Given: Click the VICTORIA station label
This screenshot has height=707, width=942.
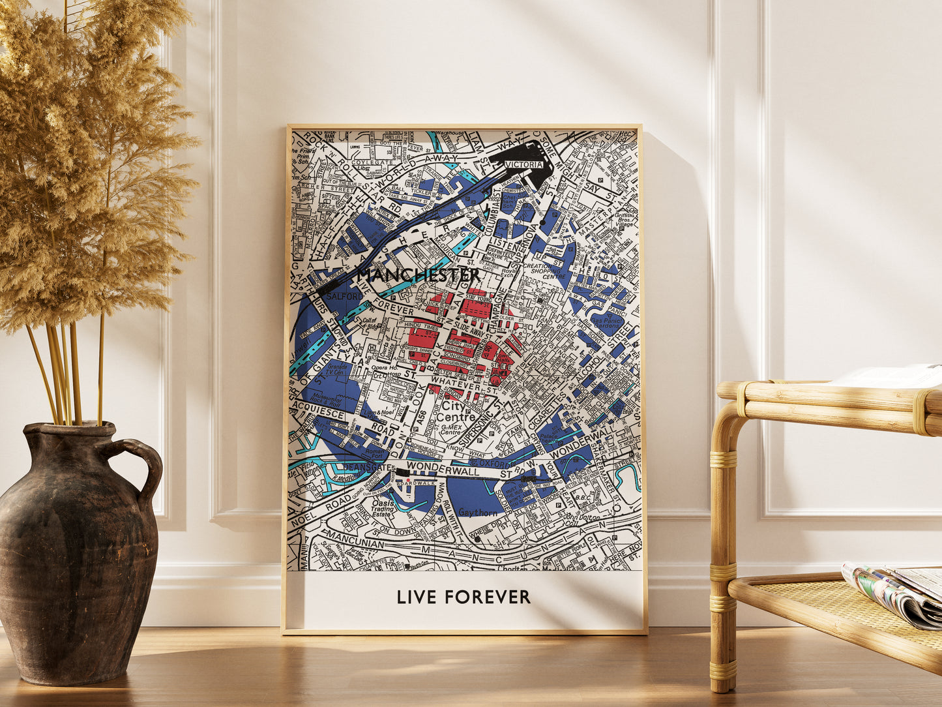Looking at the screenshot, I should coord(523,165).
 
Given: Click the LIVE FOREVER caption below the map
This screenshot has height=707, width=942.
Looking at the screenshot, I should coord(464,597).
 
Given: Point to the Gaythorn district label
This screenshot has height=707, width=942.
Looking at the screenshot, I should coord(478,513).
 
